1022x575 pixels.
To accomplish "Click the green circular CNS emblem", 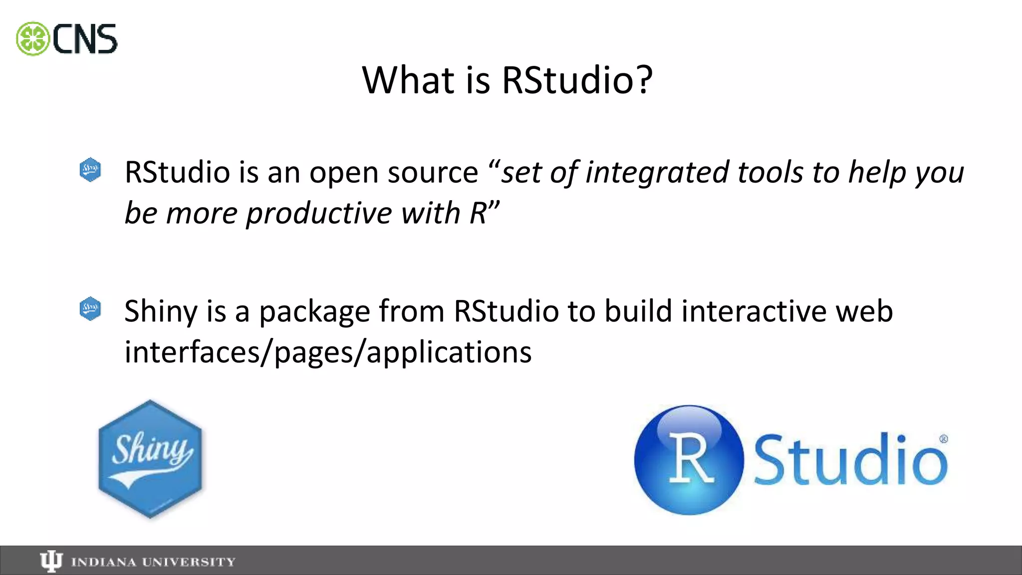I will tap(32, 39).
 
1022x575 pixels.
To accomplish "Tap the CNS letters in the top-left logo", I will tap(85, 39).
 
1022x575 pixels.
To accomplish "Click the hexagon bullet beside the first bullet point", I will tap(90, 170).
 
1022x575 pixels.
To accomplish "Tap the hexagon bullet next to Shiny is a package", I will tap(90, 309).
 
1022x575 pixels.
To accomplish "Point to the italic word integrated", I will tap(657, 173).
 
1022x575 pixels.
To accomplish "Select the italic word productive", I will tap(319, 214).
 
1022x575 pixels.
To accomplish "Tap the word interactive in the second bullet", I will tap(754, 311).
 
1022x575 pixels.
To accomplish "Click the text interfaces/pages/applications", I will tap(328, 352).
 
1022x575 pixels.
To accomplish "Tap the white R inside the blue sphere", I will tap(691, 458).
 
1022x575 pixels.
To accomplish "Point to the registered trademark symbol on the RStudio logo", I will tap(944, 439).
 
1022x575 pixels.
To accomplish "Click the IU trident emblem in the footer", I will tap(51, 562).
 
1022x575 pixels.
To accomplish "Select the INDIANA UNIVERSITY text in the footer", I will tap(153, 563).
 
